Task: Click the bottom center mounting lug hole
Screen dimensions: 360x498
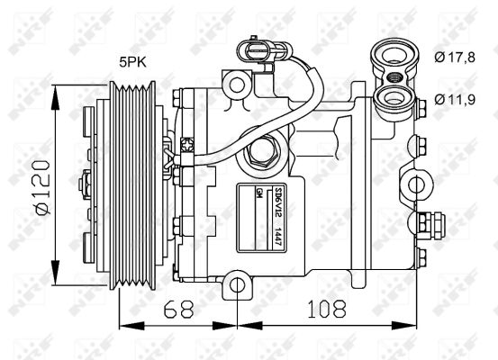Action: [237, 285]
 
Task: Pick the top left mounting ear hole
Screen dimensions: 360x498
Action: [238, 85]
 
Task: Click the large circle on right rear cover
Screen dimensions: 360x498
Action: [417, 185]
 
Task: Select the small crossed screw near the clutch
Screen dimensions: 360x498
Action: [187, 142]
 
